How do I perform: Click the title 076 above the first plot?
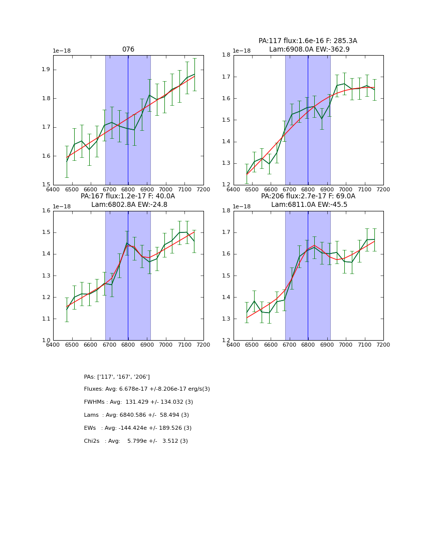click(x=128, y=50)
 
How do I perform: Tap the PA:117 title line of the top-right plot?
click(x=308, y=41)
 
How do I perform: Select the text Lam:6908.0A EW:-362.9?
click(x=309, y=50)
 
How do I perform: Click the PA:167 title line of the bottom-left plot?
click(x=128, y=196)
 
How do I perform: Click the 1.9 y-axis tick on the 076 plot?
click(x=46, y=70)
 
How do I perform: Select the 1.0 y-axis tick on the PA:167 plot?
click(x=46, y=341)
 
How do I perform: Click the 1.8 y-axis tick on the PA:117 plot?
click(x=226, y=55)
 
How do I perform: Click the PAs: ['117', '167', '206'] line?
click(x=117, y=377)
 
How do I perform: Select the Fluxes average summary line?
click(x=147, y=389)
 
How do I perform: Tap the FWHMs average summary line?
click(x=138, y=402)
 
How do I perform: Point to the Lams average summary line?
click(x=136, y=415)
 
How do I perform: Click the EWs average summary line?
click(x=138, y=428)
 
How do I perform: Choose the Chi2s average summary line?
click(x=136, y=441)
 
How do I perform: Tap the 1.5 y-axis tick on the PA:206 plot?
click(x=226, y=276)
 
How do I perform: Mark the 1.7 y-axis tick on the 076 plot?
click(x=46, y=127)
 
